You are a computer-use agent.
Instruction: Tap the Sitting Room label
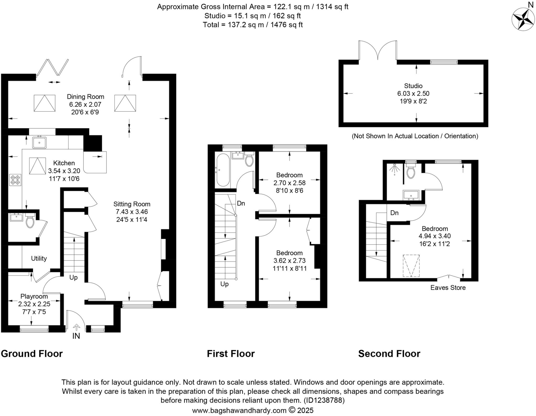point(132,204)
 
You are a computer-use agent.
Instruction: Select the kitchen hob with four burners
point(15,180)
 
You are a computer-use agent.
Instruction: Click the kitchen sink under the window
point(39,142)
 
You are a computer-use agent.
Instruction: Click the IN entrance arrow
point(76,328)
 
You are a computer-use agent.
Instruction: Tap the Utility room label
point(39,258)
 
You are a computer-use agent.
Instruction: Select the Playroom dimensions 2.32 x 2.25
point(34,304)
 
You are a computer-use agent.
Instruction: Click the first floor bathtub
point(223,170)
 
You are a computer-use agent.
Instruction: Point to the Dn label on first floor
point(241,203)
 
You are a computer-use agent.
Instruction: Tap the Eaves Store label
point(448,287)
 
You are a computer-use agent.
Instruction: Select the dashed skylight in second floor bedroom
point(411,265)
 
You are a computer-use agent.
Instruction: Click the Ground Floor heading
point(32,353)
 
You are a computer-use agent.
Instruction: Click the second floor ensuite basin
point(411,195)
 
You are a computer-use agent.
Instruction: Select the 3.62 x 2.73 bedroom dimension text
point(289,260)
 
